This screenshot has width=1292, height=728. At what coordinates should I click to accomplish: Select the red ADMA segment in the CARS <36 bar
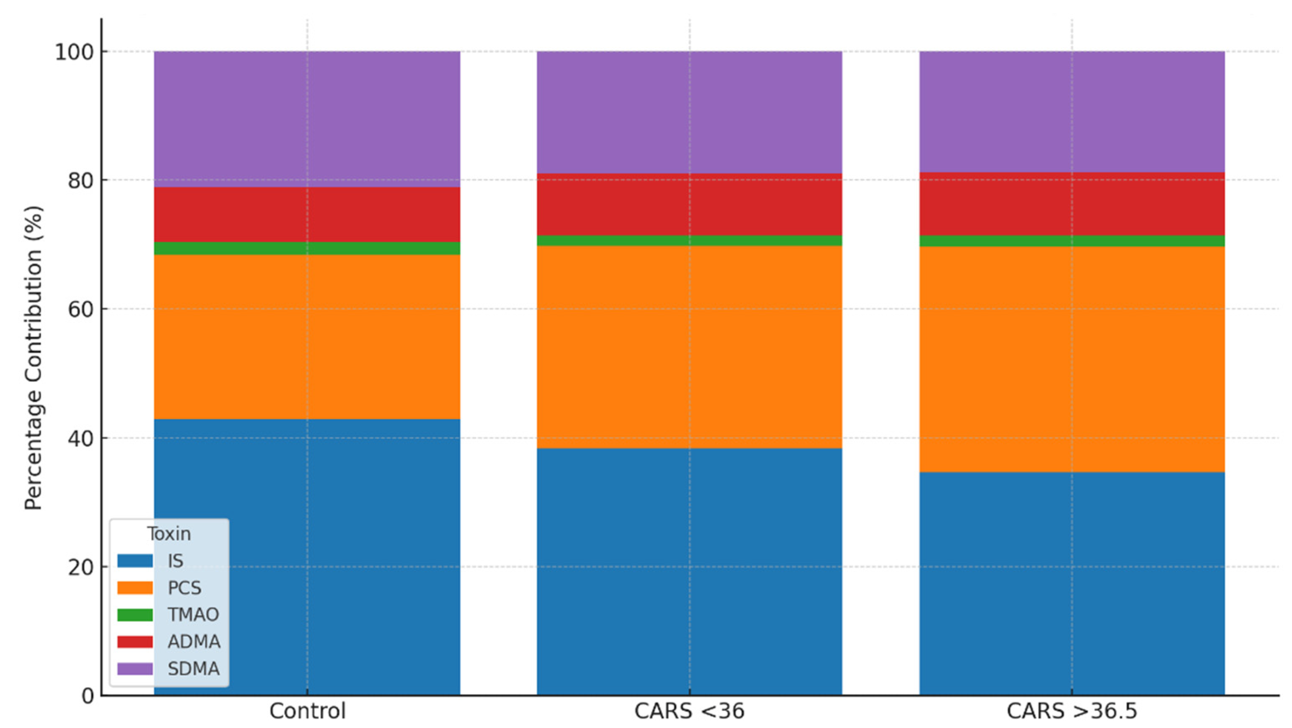689,205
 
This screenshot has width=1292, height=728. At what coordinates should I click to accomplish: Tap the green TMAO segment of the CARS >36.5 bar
1072,241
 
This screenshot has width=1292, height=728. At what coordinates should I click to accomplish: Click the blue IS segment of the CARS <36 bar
689,571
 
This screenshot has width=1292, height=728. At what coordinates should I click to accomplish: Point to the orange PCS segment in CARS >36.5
1072,359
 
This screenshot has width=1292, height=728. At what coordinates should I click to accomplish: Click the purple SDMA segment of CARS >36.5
1072,111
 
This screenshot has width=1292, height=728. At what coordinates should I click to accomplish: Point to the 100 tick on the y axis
74,52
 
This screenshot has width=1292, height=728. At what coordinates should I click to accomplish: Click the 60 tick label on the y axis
80,309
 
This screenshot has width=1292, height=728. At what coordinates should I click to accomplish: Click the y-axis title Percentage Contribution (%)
34,358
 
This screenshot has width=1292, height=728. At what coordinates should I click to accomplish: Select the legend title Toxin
169,534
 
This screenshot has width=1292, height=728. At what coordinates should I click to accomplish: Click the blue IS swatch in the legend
135,561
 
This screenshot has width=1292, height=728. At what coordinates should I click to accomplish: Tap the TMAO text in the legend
193,615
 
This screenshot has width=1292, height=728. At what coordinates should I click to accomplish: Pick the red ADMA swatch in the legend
135,642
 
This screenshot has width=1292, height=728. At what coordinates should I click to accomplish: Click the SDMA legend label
193,669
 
